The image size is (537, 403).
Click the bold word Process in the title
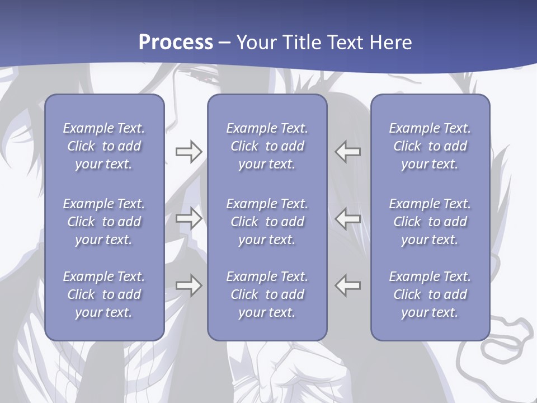click(176, 43)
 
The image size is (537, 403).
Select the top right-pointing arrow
click(189, 151)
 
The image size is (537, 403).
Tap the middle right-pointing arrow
click(189, 218)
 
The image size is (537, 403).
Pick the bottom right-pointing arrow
click(189, 285)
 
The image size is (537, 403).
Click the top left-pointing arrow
click(347, 151)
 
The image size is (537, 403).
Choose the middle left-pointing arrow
click(347, 218)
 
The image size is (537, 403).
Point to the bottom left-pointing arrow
click(347, 285)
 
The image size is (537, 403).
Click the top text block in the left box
click(104, 146)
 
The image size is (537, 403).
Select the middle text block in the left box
click(104, 222)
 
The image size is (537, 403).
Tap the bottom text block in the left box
click(104, 294)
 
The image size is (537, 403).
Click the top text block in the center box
click(267, 146)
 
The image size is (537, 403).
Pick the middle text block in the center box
click(267, 222)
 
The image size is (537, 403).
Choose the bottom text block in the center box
click(267, 294)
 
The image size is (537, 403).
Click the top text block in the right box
click(430, 146)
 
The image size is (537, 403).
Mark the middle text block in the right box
click(430, 222)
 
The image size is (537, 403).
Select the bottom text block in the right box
click(430, 294)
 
